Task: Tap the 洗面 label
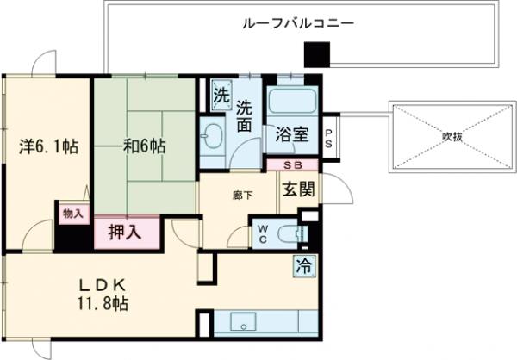(x=244, y=117)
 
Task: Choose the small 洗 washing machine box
(x=221, y=95)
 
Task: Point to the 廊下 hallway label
(x=242, y=196)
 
